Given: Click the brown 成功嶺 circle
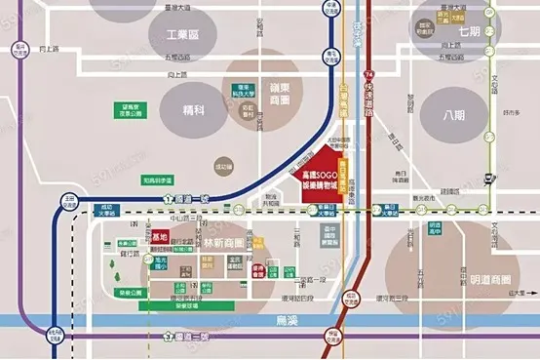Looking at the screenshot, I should click(x=225, y=168).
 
